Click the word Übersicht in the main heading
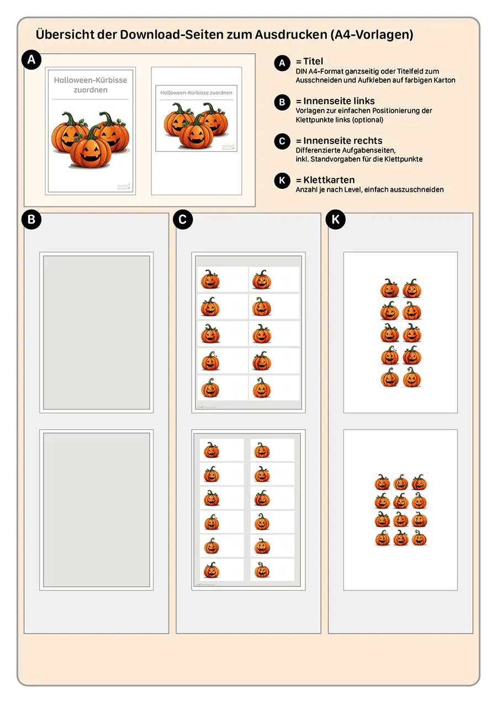pos(62,34)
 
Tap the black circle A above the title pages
pos(31,60)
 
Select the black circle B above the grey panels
pos(31,219)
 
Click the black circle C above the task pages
pos(183,219)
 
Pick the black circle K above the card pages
pos(335,219)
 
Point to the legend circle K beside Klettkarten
pos(282,181)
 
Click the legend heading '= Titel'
pos(309,61)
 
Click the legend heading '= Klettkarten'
pos(325,180)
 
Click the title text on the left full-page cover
pos(91,84)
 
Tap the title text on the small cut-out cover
pos(196,93)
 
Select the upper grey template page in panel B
pos(97,332)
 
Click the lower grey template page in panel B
pos(97,509)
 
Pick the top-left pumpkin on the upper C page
pos(210,279)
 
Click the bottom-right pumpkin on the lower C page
pos(262,570)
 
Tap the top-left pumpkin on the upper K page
pos(389,288)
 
